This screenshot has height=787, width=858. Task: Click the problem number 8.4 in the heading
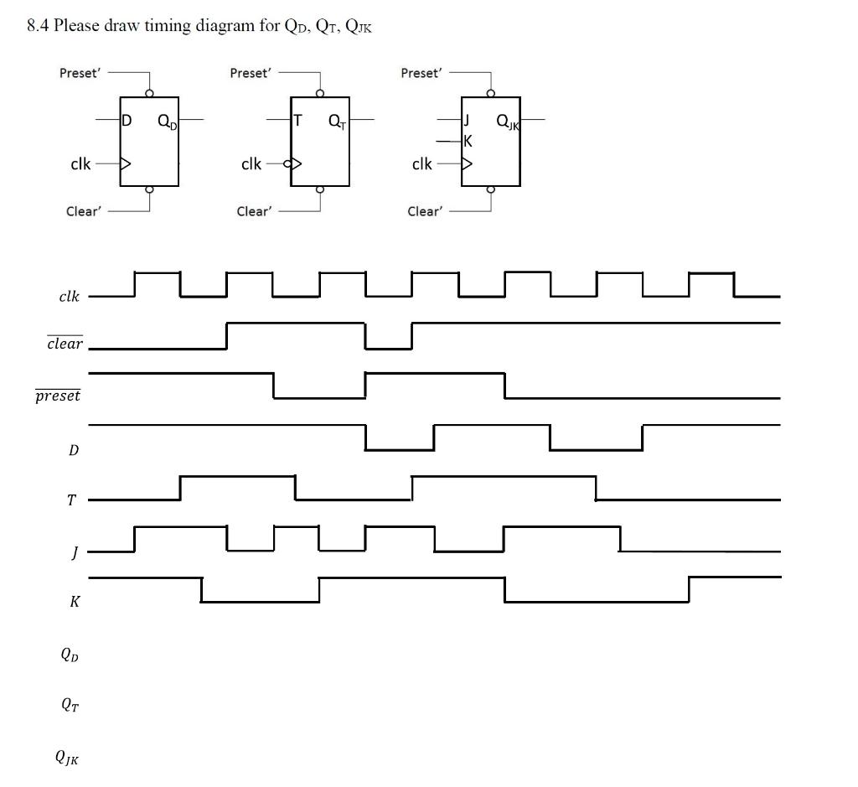pyautogui.click(x=38, y=25)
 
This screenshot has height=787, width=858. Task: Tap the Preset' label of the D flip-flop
pyautogui.click(x=80, y=73)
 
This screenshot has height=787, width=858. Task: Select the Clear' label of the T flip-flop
pyautogui.click(x=254, y=211)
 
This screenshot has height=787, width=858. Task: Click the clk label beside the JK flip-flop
pyautogui.click(x=422, y=163)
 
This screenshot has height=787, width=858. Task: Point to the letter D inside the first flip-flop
pyautogui.click(x=127, y=121)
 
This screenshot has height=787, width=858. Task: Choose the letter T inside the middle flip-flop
pyautogui.click(x=297, y=121)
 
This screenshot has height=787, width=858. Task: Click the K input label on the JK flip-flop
pyautogui.click(x=468, y=141)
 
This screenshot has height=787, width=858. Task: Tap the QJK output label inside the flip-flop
pyautogui.click(x=508, y=122)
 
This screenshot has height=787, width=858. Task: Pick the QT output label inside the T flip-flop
pyautogui.click(x=335, y=122)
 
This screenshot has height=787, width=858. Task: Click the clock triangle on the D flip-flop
pyautogui.click(x=127, y=163)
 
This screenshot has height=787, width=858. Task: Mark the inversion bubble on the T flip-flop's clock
pyautogui.click(x=287, y=163)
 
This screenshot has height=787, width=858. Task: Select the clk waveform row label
pyautogui.click(x=69, y=296)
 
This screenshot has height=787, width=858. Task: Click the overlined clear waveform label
pyautogui.click(x=65, y=343)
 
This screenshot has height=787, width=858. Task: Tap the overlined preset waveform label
pyautogui.click(x=58, y=396)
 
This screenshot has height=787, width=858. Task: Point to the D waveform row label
pyautogui.click(x=73, y=450)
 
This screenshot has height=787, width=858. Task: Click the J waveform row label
pyautogui.click(x=74, y=551)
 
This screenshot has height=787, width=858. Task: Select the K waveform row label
pyautogui.click(x=74, y=602)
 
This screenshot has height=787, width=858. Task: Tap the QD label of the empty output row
pyautogui.click(x=70, y=655)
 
